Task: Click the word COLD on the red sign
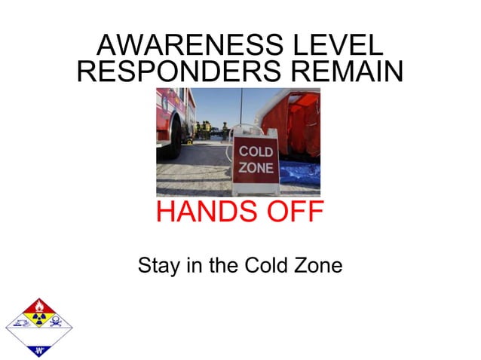click(256, 152)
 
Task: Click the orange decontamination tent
click(296, 124)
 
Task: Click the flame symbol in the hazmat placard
click(38, 307)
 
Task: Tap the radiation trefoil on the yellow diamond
click(38, 322)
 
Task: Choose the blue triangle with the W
click(38, 349)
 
